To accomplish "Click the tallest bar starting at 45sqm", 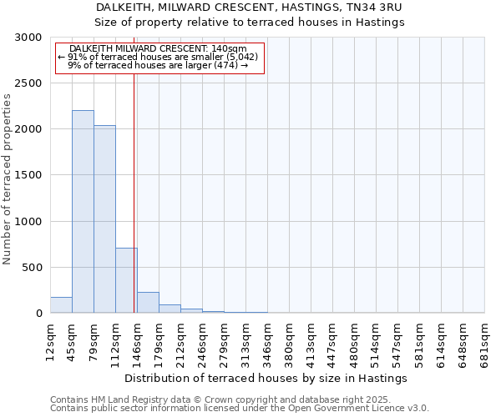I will pos(83,212).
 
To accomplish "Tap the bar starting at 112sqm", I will pos(126,280).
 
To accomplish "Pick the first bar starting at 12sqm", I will pos(61,305).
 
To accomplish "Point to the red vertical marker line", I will pos(134,192).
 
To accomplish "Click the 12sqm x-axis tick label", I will pos(50,340).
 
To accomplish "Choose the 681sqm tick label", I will pos(484,340).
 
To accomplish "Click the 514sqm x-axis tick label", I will pos(376,340).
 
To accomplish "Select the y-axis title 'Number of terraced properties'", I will pos(8,178).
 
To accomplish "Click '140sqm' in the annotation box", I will pos(229,49).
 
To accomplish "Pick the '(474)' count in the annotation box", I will pos(225,65).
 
